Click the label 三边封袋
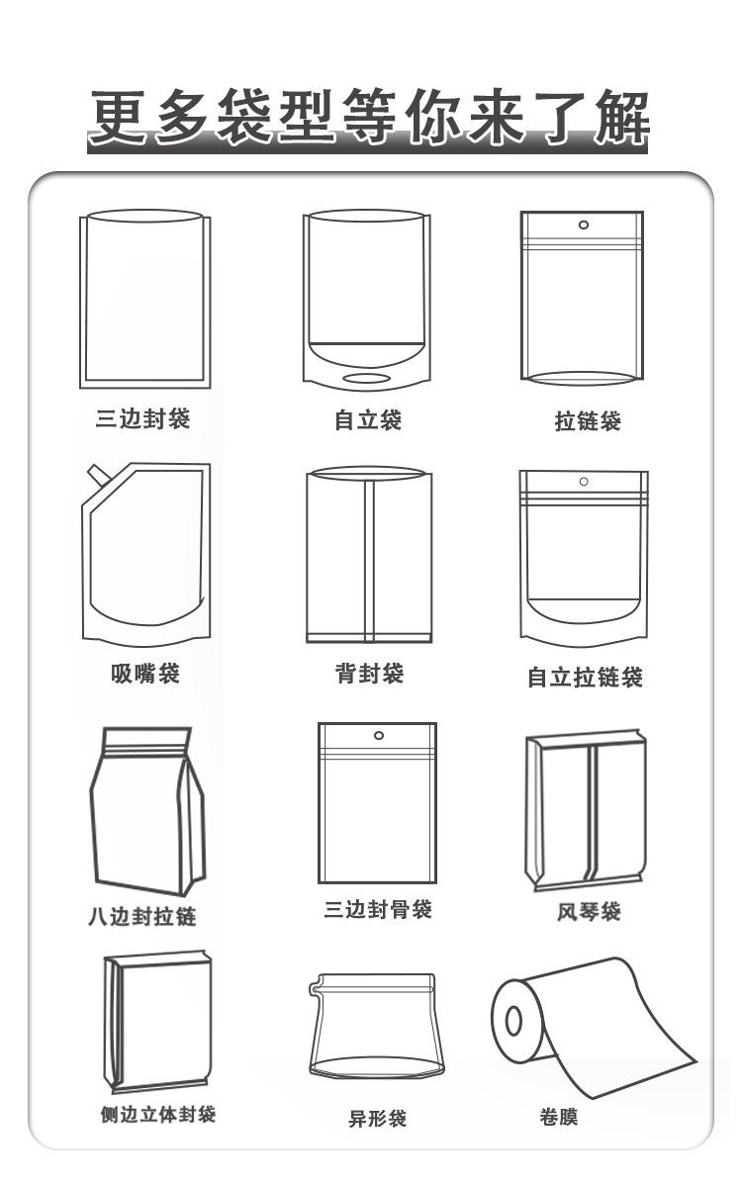coord(142,419)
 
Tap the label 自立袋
coord(368,420)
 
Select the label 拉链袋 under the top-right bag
coord(588,421)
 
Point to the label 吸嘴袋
coord(145,675)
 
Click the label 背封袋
coord(369,675)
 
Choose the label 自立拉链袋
coord(585,678)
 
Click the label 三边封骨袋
coord(378,910)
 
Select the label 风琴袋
coord(589,911)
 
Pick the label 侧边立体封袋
coord(158,1115)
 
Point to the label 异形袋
coord(377,1119)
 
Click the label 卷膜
coord(559,1118)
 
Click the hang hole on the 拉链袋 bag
coord(583,225)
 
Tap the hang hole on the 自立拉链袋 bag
coord(584,482)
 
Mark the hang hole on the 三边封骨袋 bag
coord(378,735)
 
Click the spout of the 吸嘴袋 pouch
coord(97,476)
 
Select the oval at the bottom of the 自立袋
coord(366,380)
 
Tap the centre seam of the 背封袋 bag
coord(370,559)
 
